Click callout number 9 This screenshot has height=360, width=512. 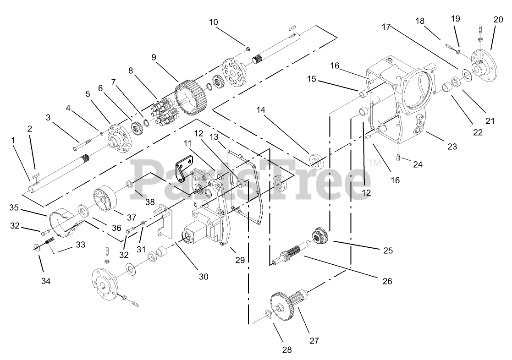[154, 57]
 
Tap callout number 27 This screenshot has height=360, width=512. [314, 340]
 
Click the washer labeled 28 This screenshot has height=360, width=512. [268, 314]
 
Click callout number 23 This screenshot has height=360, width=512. [452, 147]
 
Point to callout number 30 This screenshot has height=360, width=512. [203, 276]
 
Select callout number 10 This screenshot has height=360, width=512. [214, 22]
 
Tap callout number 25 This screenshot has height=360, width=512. [387, 251]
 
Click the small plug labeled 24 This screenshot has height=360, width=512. [398, 158]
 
